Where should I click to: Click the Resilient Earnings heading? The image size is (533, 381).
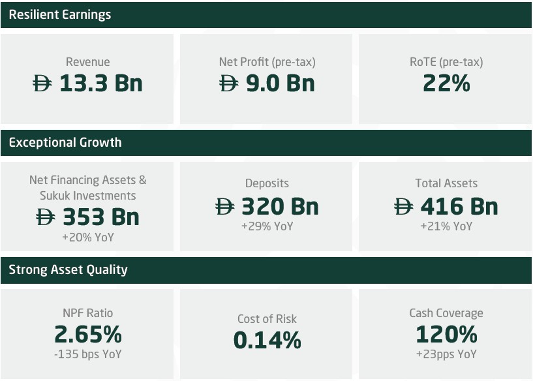point(60,14)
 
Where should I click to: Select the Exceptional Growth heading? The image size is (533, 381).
point(65,142)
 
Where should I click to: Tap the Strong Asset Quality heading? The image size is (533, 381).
point(68,269)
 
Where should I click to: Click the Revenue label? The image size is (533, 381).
point(88,63)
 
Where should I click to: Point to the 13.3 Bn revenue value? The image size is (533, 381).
point(100,84)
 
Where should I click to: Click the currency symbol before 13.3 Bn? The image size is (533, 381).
point(42,84)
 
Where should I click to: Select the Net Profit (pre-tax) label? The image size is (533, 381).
point(267,63)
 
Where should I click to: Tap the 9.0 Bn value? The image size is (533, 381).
point(280,84)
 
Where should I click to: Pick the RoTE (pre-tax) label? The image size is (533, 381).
point(446,63)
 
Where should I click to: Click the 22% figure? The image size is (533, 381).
point(446,84)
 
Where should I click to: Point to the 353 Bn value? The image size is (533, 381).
point(100,217)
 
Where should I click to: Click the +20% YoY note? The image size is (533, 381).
point(88,237)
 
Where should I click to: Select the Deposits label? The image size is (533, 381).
point(267,183)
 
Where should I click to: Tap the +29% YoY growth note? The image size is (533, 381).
point(267,226)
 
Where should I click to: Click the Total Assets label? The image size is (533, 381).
point(446,183)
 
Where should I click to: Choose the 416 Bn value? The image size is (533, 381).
point(459,207)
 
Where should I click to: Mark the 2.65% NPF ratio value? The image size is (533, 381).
point(88,335)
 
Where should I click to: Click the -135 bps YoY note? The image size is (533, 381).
point(88,354)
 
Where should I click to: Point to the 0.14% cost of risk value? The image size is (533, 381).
point(267,340)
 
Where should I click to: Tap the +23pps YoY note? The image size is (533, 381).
point(446,354)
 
